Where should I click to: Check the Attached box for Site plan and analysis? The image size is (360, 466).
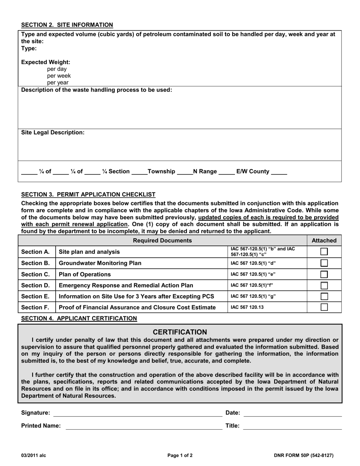(324, 252)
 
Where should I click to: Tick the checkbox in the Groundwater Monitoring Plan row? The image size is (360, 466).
(324, 263)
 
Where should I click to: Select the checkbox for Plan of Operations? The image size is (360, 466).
(324, 274)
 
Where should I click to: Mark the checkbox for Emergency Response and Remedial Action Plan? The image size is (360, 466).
(324, 285)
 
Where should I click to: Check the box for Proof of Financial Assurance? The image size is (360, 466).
(324, 307)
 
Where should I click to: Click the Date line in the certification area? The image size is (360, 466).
(293, 413)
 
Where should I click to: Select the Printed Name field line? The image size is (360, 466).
(144, 426)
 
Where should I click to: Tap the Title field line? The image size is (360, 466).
(292, 426)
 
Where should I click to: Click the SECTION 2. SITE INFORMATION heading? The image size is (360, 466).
(67, 25)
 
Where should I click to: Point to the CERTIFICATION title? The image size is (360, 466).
(180, 332)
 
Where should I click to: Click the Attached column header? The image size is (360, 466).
(324, 241)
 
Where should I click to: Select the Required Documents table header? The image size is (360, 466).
(163, 241)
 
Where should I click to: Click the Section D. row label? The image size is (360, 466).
(35, 285)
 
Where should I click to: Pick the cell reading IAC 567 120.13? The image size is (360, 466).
(247, 307)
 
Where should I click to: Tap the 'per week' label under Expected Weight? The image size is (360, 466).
(59, 76)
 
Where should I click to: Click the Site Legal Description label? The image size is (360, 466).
(53, 133)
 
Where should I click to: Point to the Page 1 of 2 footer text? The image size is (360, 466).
(180, 456)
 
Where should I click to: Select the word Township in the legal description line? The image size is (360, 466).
(161, 172)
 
